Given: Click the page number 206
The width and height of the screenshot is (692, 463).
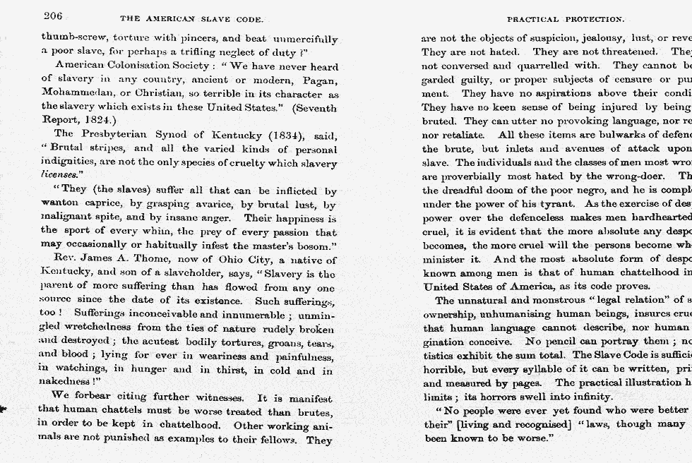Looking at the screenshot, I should [x=53, y=16].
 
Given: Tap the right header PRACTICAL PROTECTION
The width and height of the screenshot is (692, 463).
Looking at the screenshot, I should [x=565, y=18].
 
